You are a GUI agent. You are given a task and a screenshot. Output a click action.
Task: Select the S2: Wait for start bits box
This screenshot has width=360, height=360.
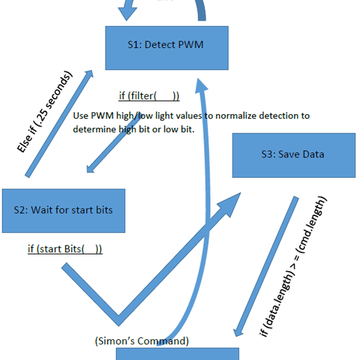[x=63, y=211]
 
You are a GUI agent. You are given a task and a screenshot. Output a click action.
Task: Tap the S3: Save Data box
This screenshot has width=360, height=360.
[x=292, y=154]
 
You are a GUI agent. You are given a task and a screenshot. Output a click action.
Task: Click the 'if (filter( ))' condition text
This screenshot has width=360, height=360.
[x=149, y=96]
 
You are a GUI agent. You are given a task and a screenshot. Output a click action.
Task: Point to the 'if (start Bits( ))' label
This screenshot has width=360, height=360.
[x=65, y=248]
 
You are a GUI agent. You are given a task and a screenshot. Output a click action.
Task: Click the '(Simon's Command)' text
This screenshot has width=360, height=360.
[x=142, y=341]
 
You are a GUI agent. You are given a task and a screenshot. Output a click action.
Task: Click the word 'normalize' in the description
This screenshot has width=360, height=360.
[x=238, y=116]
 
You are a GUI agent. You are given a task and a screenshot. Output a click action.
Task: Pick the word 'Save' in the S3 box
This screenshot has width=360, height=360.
[x=290, y=154]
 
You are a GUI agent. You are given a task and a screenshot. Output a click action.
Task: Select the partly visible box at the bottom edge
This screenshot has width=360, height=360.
[x=177, y=354]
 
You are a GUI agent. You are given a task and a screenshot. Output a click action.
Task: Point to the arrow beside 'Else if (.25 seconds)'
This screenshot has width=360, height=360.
[x=60, y=123]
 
